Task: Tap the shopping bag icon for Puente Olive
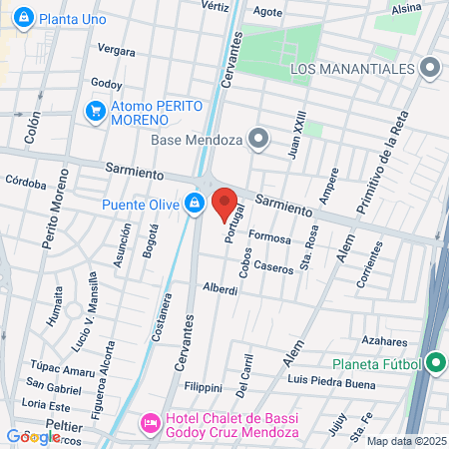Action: tap(194, 205)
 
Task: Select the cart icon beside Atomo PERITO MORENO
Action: tap(97, 110)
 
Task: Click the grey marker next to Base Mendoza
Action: tap(259, 139)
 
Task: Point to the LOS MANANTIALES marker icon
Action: tap(430, 68)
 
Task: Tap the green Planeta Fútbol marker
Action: tap(435, 363)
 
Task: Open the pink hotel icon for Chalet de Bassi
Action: tap(151, 424)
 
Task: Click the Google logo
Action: tap(33, 436)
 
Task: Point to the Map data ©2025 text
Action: tap(405, 441)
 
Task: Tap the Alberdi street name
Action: tap(220, 288)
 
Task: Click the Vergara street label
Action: tap(117, 50)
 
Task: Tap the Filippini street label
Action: tap(204, 386)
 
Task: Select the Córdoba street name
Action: tap(26, 183)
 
